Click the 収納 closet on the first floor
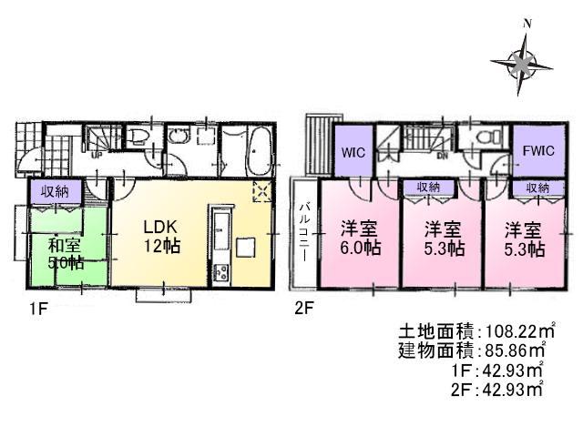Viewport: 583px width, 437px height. pos(49,191)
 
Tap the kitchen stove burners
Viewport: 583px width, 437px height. pos(220,270)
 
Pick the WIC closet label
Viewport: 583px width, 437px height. pos(354,153)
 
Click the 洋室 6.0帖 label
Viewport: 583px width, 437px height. pos(355,239)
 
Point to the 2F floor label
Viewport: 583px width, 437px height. pos(303,309)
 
